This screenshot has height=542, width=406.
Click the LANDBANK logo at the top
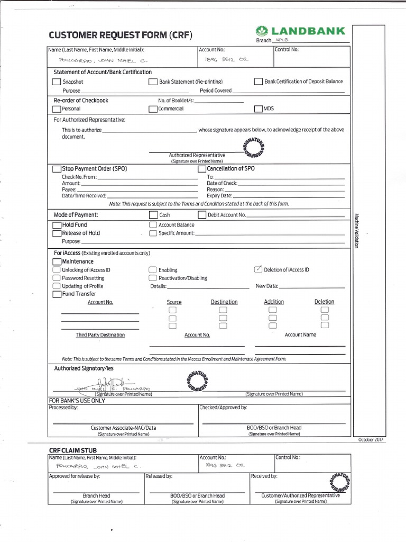point(300,31)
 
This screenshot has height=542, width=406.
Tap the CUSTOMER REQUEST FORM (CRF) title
point(121,36)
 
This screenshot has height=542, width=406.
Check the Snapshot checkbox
point(57,82)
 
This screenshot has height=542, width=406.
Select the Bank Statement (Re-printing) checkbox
point(153,82)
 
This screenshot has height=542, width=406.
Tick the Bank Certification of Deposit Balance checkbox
point(259,82)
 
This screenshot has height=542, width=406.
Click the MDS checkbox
point(259,109)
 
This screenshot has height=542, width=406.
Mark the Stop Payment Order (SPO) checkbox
point(57,169)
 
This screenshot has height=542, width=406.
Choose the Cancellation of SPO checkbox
point(201,169)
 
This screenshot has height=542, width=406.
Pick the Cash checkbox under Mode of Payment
point(153,215)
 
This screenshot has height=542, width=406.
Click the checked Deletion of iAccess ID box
point(259,269)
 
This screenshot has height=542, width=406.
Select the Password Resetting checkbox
point(56,278)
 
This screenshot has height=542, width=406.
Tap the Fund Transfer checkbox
point(57,294)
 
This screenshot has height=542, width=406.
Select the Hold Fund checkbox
point(57,225)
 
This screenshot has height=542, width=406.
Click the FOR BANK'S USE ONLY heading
point(77,401)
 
